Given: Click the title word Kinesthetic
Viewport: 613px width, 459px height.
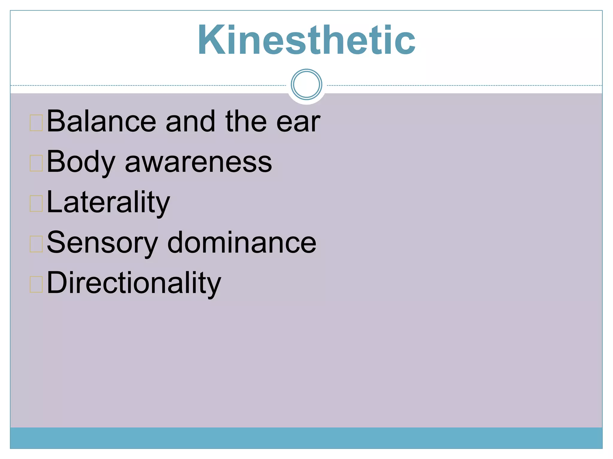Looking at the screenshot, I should pos(306,40).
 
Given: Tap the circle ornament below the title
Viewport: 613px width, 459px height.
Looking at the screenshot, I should pos(306,84).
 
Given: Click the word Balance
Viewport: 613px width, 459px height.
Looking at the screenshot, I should pos(101,121).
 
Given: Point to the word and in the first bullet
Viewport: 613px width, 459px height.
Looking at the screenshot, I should pos(190,121).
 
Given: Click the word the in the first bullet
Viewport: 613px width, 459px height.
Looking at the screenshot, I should pos(246,121).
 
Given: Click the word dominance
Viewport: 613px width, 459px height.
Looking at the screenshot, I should pos(241,243).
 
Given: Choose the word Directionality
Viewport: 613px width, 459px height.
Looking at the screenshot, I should pos(134,283).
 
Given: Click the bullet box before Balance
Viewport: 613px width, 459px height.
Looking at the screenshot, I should pos(36,123).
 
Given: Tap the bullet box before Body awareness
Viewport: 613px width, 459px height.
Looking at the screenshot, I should pos(36,163).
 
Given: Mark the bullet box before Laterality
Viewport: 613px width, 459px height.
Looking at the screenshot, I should pos(36,204).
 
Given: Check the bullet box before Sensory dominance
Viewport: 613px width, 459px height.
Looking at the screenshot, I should pos(36,244).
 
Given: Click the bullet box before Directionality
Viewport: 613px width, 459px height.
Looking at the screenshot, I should pos(36,284).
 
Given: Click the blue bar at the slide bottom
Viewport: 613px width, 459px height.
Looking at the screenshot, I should pos(306,438).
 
